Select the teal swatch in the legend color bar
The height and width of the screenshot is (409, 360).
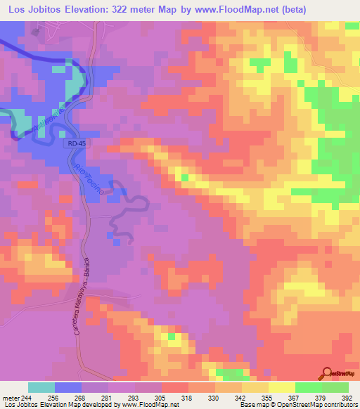click(41, 387)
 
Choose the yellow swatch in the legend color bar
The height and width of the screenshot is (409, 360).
click(281, 387)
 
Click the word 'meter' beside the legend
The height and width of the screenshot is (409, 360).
click(10, 397)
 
